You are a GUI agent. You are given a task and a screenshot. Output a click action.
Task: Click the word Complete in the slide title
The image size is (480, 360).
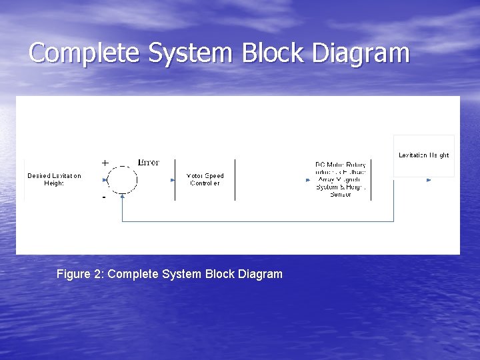pyautogui.click(x=85, y=53)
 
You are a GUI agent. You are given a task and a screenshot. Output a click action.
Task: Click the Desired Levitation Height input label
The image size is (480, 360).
pyautogui.click(x=54, y=179)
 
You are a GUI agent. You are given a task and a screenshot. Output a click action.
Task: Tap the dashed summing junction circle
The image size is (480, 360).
pyautogui.click(x=122, y=179)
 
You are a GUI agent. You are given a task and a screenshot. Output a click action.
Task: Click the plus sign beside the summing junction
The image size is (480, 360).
pyautogui.click(x=105, y=163)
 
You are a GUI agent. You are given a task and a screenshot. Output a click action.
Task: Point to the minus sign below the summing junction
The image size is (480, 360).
pyautogui.click(x=104, y=197)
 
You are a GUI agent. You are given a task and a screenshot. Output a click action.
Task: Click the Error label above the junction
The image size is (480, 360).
pyautogui.click(x=148, y=162)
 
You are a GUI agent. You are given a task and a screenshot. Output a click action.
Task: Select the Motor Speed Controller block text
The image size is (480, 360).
pyautogui.click(x=205, y=179)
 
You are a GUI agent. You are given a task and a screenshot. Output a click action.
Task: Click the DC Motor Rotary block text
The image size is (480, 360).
pyautogui.click(x=340, y=179)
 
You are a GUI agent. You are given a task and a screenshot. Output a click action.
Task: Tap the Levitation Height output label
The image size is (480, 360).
pyautogui.click(x=423, y=155)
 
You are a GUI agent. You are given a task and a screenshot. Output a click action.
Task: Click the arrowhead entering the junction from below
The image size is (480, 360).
pyautogui.click(x=122, y=195)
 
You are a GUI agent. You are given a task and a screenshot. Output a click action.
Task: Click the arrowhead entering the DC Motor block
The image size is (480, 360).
pyautogui.click(x=307, y=179)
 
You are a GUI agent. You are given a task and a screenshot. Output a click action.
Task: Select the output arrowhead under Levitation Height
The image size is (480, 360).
pyautogui.click(x=428, y=179)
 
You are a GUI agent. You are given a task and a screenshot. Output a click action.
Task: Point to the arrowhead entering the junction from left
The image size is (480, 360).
pyautogui.click(x=105, y=179)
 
